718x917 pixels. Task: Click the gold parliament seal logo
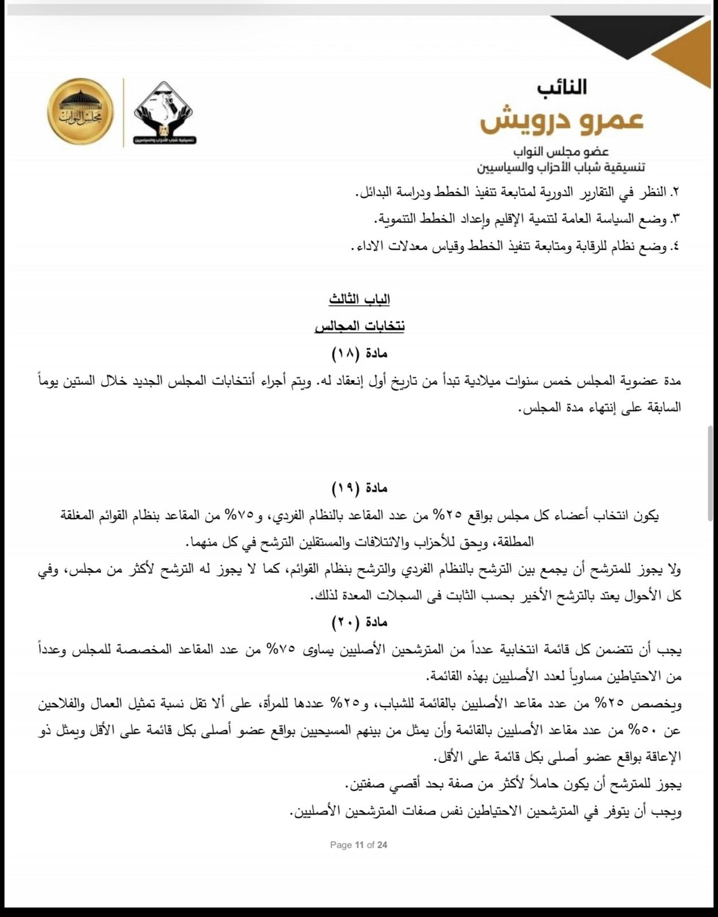80,111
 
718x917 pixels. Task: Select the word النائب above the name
562,88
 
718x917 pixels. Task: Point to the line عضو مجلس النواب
561,151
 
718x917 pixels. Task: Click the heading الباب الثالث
360,299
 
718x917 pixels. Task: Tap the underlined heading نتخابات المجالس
360,326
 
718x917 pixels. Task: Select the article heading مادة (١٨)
360,353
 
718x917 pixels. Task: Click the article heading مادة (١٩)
360,488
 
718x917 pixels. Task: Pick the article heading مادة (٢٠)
360,622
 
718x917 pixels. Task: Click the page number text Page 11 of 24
358,845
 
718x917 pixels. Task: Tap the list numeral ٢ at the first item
676,192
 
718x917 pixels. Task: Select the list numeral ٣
676,219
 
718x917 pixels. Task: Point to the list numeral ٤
676,246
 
